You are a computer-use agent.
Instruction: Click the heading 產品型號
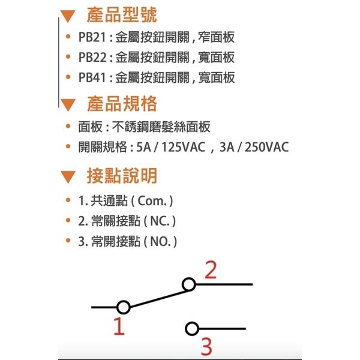[122, 15]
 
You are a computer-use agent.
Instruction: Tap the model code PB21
[92, 37]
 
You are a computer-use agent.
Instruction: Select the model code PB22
[92, 57]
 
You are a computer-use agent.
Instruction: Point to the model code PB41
[92, 77]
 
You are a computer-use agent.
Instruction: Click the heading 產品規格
[122, 104]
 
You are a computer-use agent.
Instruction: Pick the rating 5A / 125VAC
[170, 147]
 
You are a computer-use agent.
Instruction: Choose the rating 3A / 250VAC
[254, 147]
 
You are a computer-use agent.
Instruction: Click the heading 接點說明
[122, 176]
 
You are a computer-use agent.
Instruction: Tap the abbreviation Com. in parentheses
[152, 201]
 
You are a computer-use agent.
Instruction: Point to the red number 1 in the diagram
[119, 326]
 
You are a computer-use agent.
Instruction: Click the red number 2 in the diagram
[211, 270]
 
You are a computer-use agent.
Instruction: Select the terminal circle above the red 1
[124, 307]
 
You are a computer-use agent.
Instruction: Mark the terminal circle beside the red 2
[189, 284]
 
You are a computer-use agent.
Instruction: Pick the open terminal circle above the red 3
[192, 329]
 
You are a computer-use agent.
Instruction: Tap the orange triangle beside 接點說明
[68, 177]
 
